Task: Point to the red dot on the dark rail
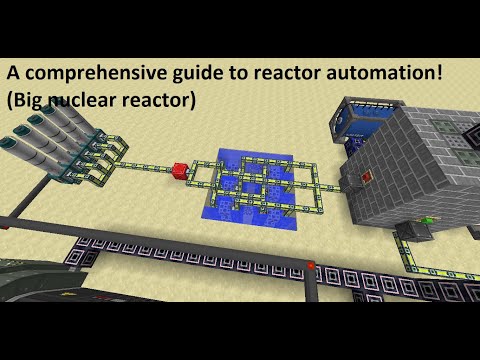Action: click(312, 264)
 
